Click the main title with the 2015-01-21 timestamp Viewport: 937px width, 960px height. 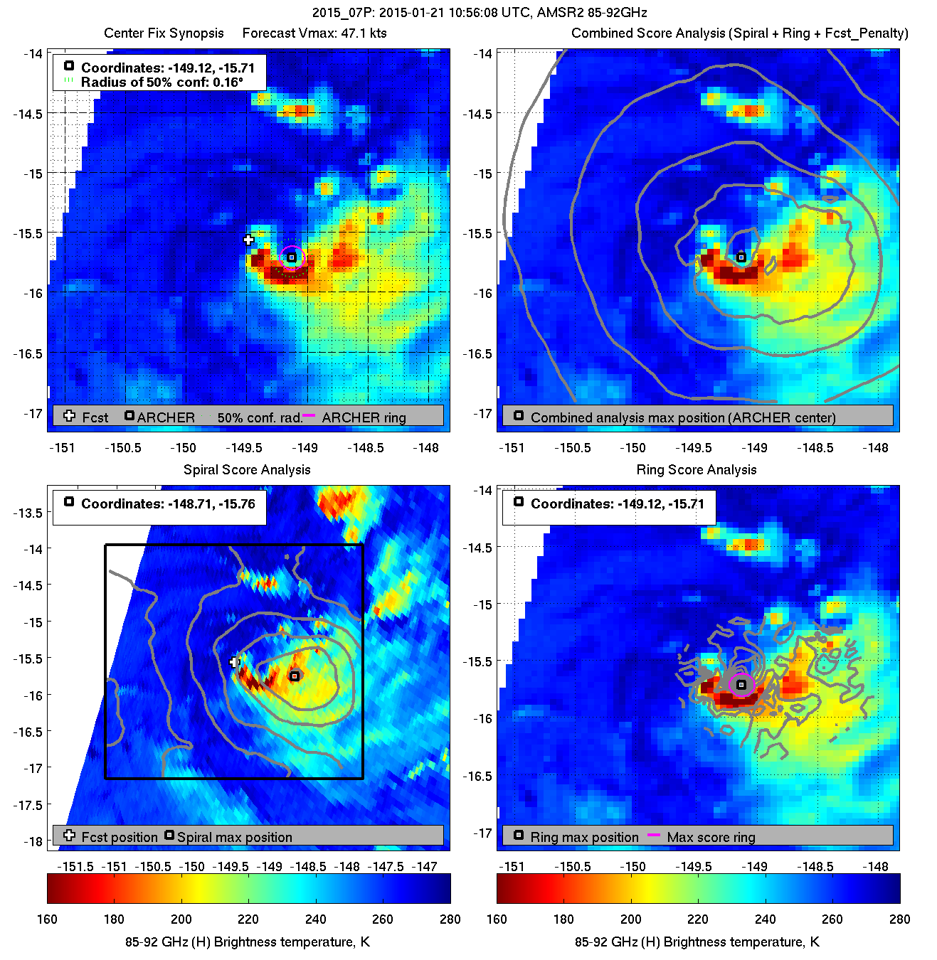pos(480,12)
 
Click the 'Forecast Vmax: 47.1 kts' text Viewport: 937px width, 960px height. pos(314,33)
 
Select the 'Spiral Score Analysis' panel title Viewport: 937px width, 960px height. pos(247,469)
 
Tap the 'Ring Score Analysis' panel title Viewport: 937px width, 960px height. pos(697,469)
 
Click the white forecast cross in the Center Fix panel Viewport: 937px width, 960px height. pos(248,240)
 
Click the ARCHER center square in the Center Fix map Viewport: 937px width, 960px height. pos(292,257)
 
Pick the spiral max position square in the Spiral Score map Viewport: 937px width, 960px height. pos(295,676)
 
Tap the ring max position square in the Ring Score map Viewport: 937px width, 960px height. pos(741,685)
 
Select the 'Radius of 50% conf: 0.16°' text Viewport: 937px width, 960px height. pos(162,82)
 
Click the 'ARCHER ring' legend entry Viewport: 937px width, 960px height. pos(364,417)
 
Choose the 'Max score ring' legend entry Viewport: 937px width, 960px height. pos(711,837)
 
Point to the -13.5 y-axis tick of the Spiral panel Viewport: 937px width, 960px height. pos(29,512)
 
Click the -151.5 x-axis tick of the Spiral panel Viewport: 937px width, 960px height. pos(75,866)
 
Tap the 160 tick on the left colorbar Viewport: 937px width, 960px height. pos(47,919)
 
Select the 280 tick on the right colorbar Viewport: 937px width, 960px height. pos(899,919)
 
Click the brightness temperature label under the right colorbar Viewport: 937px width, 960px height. pos(697,942)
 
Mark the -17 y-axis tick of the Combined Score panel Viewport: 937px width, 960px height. pos(482,413)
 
